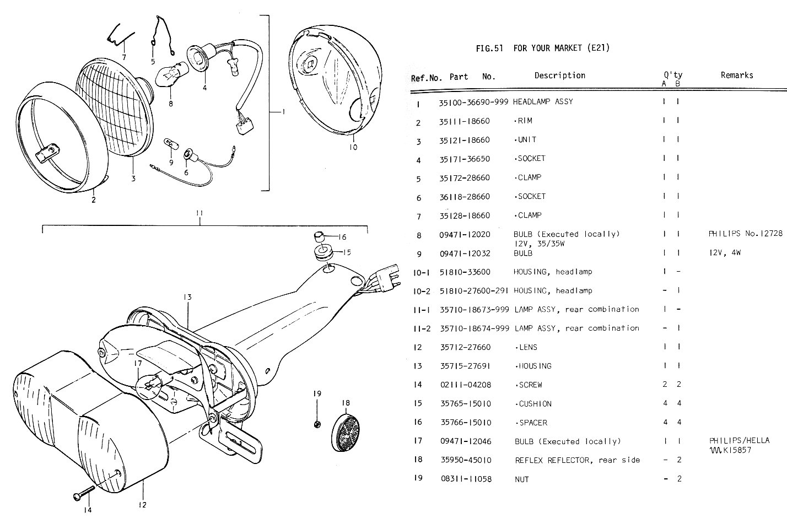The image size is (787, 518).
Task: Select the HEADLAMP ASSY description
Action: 543,102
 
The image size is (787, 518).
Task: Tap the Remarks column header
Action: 736,75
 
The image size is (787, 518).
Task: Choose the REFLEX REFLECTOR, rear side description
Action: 577,460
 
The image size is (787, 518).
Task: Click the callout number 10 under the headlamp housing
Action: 353,147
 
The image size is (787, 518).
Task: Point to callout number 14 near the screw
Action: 87,510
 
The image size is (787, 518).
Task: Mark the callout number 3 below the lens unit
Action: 133,178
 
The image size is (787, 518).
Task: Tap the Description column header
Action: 559,75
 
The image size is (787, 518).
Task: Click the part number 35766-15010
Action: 465,423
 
